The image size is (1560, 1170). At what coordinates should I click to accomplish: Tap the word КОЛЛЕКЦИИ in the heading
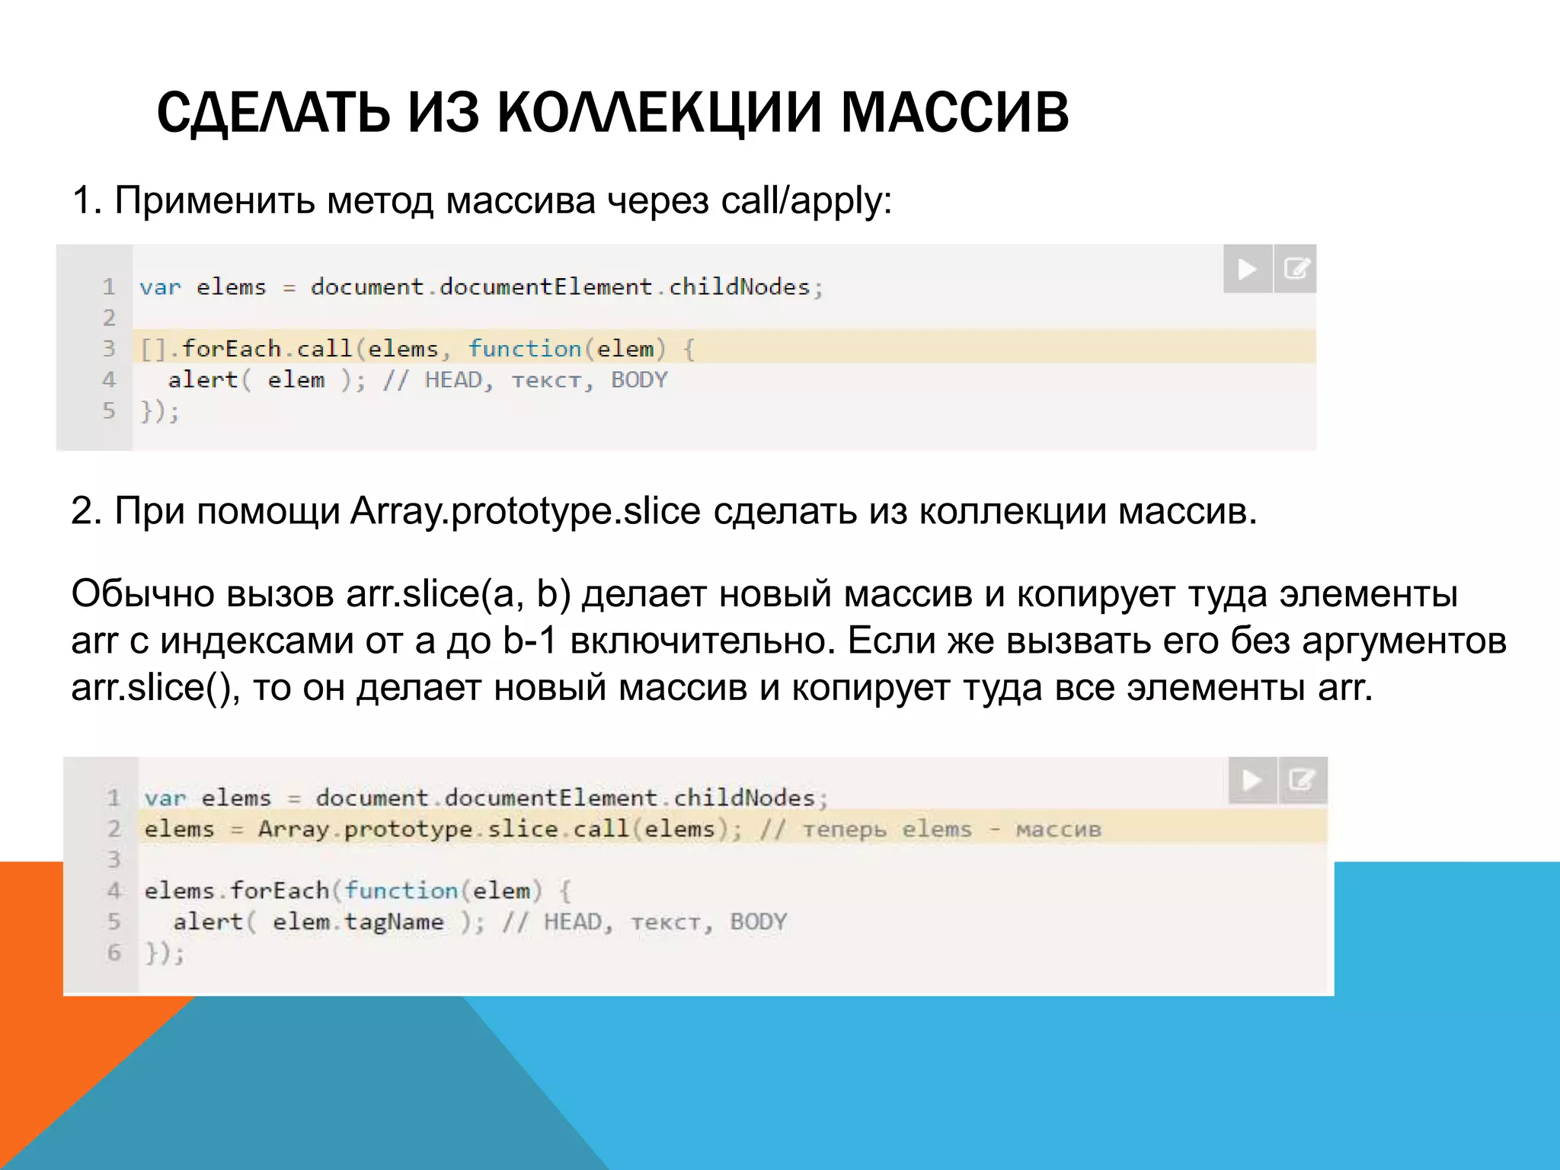click(x=659, y=113)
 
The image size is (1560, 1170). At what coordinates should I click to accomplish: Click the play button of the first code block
click(x=1247, y=269)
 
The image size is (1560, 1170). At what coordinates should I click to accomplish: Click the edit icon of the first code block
click(x=1296, y=269)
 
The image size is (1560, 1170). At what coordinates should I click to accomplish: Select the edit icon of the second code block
click(x=1302, y=780)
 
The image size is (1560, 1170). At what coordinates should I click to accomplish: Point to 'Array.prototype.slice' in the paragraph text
click(x=525, y=511)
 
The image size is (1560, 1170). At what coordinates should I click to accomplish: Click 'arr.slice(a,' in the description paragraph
click(x=435, y=594)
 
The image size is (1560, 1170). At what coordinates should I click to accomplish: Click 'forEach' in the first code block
click(x=232, y=349)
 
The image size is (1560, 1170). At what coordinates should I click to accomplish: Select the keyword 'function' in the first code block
click(x=525, y=349)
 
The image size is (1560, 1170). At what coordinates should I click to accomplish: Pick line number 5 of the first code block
click(x=110, y=411)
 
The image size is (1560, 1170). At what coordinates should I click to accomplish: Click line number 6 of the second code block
click(x=114, y=953)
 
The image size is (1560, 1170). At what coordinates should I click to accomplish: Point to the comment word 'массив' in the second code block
click(x=1058, y=830)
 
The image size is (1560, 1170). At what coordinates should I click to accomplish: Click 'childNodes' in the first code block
click(x=739, y=287)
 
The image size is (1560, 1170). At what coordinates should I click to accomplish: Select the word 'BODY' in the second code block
click(x=758, y=922)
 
